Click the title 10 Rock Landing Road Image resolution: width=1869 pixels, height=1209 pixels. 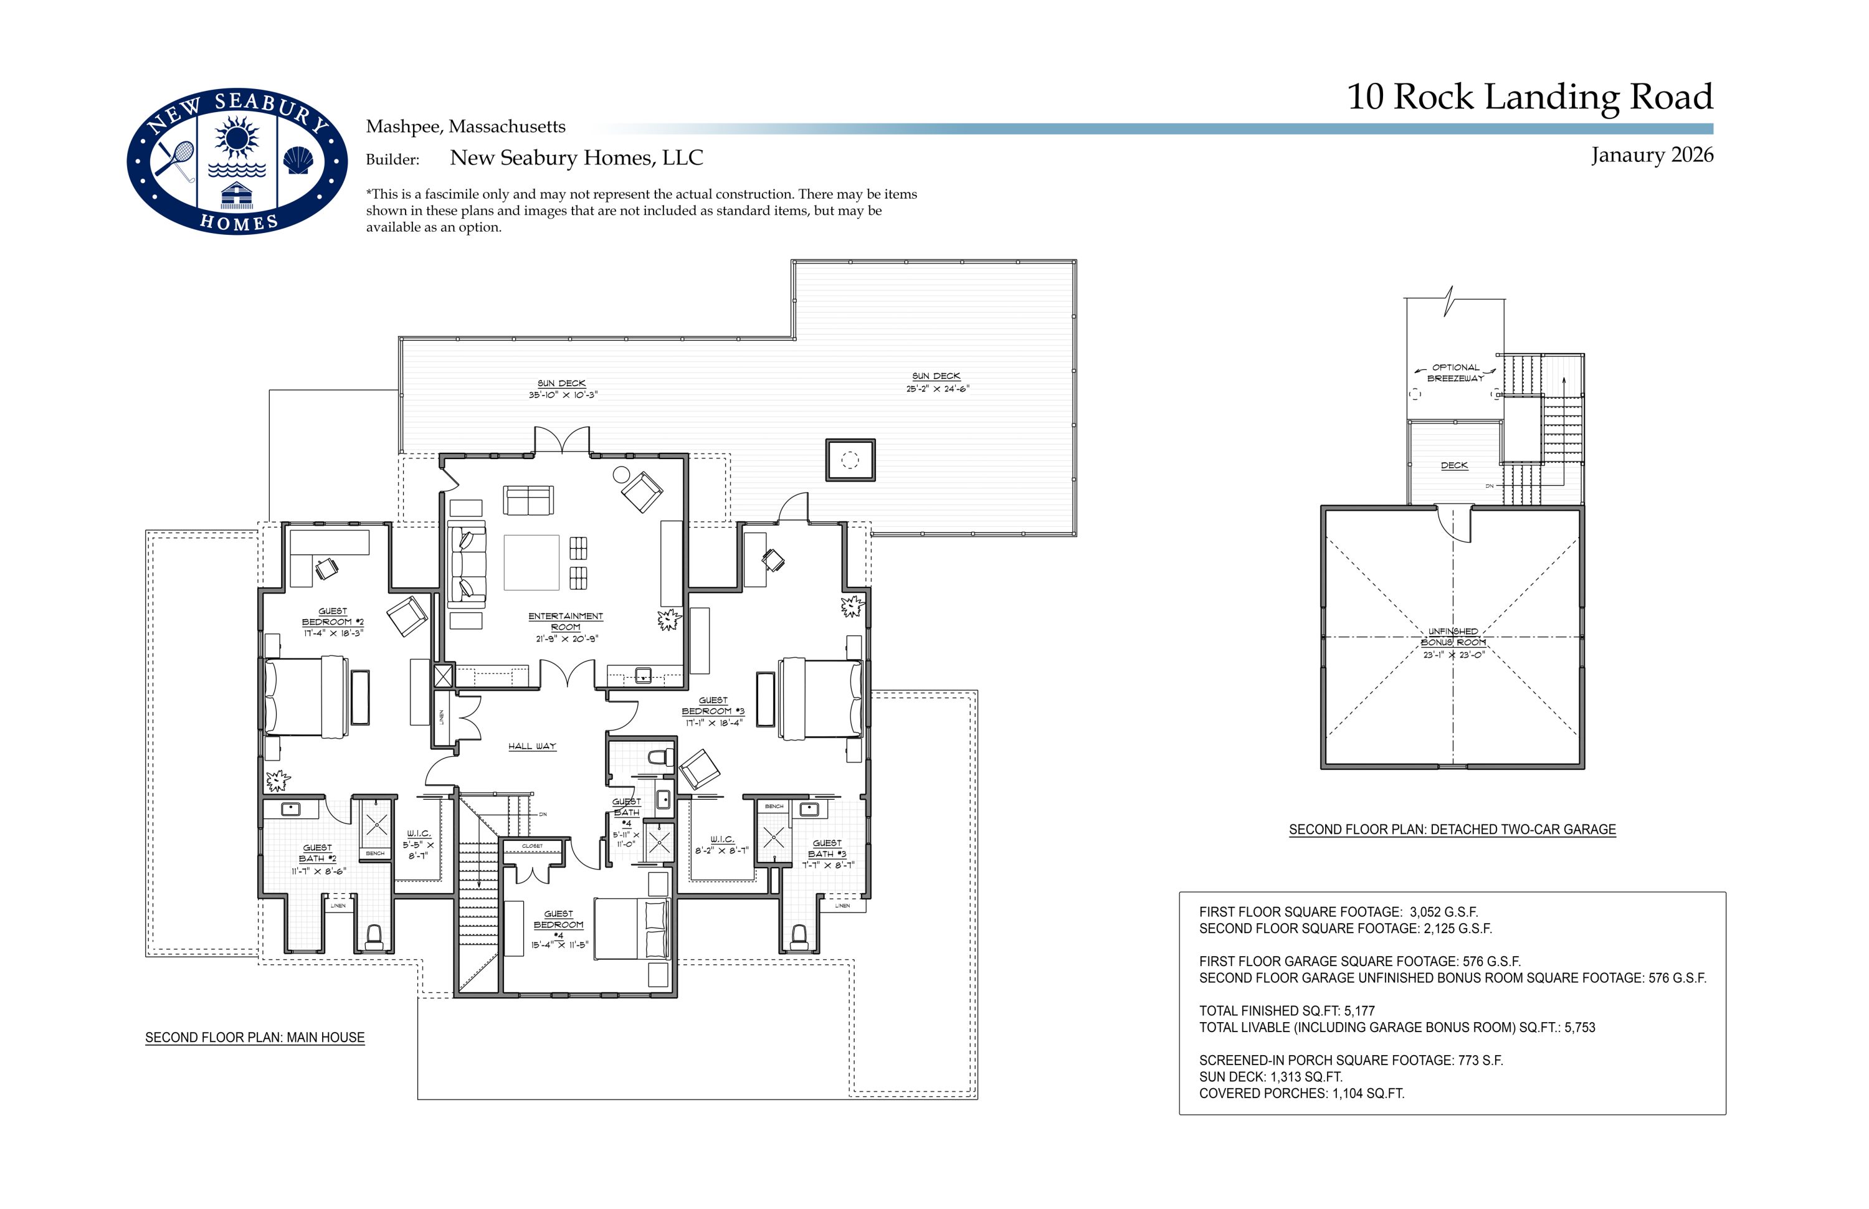[1529, 97]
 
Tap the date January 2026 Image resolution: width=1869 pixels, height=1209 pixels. [1652, 154]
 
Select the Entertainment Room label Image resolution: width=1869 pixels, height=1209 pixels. [566, 627]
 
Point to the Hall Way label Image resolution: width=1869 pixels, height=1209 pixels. [531, 746]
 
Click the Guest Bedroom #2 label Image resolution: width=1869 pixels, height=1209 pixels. [333, 621]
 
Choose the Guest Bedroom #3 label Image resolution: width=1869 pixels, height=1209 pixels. [712, 711]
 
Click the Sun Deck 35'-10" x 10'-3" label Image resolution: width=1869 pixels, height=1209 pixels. [563, 389]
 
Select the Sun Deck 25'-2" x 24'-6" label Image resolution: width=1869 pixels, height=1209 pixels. [937, 382]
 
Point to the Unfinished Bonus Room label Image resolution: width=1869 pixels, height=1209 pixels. [1453, 642]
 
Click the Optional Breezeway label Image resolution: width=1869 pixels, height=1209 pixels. [1455, 372]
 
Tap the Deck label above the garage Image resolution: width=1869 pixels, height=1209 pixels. [1453, 465]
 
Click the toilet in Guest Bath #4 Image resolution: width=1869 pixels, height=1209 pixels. [660, 757]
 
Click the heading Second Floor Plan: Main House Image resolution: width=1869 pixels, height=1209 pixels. [254, 1037]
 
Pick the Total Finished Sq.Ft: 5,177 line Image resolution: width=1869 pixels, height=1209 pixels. [1286, 1010]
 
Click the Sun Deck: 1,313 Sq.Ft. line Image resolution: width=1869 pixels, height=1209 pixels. [1270, 1076]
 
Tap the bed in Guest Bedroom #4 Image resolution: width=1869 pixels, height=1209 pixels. [630, 929]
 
